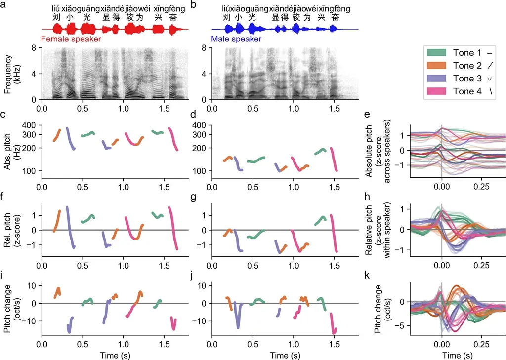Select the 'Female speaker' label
coord(71,39)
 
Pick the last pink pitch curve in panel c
coord(173,138)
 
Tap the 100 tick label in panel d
coord(198,171)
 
